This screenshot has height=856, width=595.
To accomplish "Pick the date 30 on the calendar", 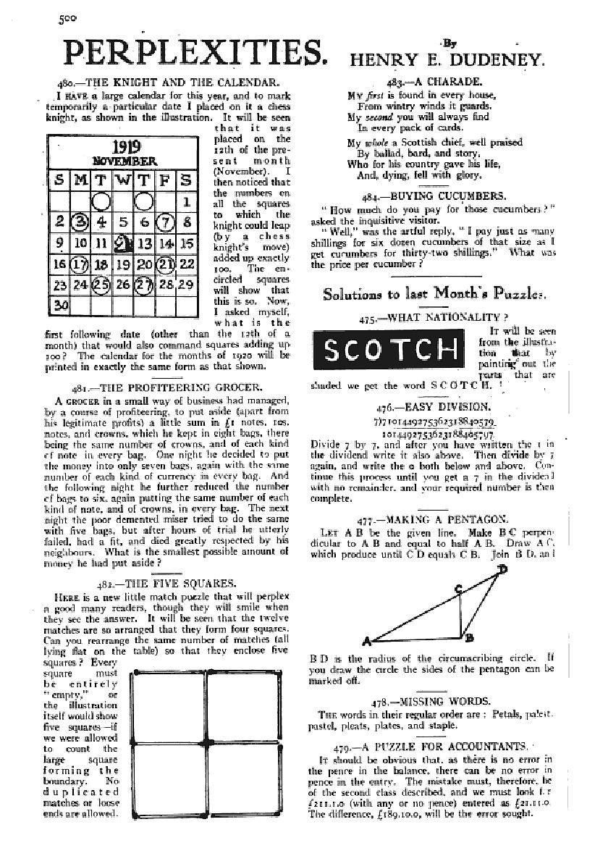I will [61, 306].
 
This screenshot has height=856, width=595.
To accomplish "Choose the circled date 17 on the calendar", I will [81, 264].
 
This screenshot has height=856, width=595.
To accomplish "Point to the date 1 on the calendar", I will [186, 203].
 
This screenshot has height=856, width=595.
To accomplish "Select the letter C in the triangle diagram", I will [458, 589].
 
